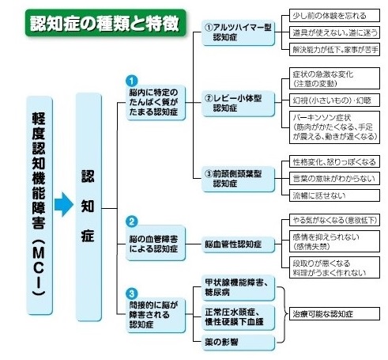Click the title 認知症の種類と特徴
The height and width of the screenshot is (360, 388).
(x=102, y=22)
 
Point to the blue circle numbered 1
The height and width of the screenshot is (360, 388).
(x=132, y=81)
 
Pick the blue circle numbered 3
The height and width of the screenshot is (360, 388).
(x=132, y=293)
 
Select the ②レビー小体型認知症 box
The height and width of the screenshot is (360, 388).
(x=236, y=104)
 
